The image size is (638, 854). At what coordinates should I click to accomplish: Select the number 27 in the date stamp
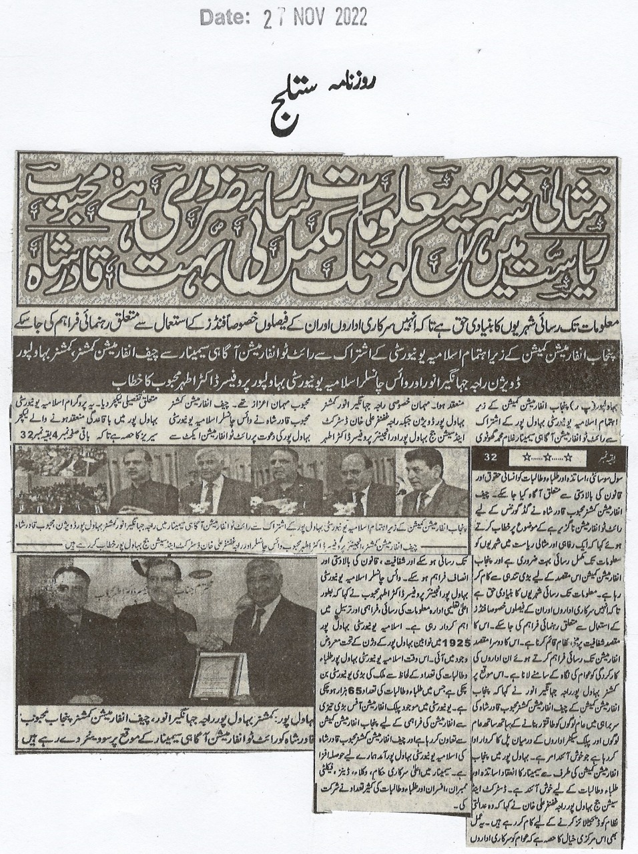(270, 18)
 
